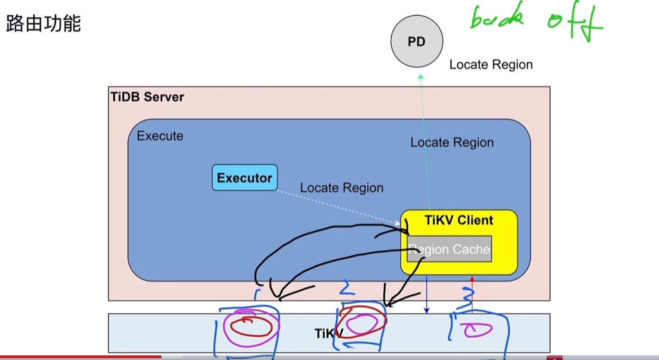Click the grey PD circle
(x=417, y=42)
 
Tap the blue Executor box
(x=245, y=177)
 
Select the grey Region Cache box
(x=449, y=249)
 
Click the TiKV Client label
(x=459, y=220)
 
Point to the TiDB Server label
(x=148, y=97)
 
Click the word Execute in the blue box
(x=160, y=136)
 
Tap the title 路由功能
(x=43, y=24)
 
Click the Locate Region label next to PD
(x=491, y=64)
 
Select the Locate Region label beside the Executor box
(x=342, y=188)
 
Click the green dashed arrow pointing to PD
(x=425, y=139)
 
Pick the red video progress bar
(x=80, y=357)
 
